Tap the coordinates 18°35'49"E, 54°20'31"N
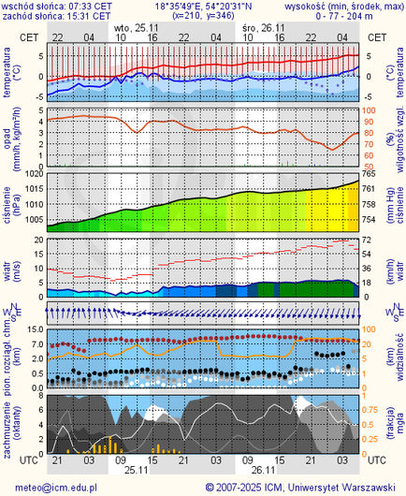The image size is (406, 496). (203, 5)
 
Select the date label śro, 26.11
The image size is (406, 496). (260, 28)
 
